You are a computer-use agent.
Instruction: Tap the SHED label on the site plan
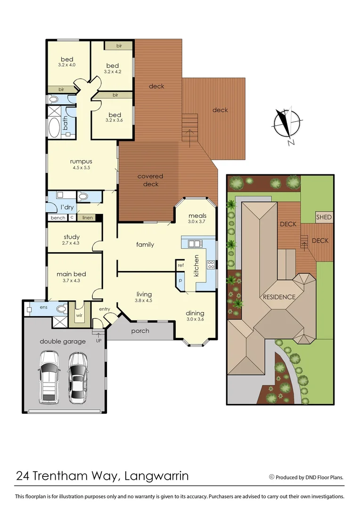(x=324, y=217)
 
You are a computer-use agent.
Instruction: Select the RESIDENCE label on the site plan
(x=279, y=297)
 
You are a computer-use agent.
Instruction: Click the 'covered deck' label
(x=150, y=180)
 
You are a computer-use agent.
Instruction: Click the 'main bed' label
(x=71, y=274)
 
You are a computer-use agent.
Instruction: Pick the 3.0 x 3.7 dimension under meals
(x=197, y=222)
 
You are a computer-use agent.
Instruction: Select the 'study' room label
(x=71, y=237)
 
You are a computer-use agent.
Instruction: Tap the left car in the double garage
(x=49, y=377)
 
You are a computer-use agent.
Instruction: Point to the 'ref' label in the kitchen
(x=180, y=265)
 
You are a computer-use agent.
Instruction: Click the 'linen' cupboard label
(x=88, y=218)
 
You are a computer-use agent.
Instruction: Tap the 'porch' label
(x=140, y=331)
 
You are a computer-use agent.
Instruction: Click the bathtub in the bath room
(x=54, y=127)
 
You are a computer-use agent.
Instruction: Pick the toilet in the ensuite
(x=61, y=309)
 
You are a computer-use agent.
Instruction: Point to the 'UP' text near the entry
(x=98, y=340)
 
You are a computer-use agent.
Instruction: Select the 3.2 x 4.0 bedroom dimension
(x=67, y=65)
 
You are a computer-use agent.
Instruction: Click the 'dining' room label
(x=195, y=313)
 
